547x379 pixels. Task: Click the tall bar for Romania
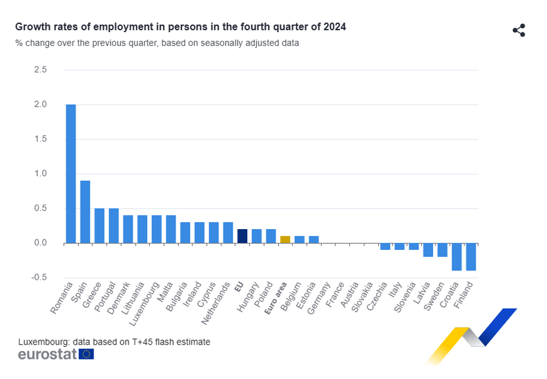71,173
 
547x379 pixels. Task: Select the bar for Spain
85,212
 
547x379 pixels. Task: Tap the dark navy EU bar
242,236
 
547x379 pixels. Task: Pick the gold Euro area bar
285,240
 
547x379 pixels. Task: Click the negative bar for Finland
471,256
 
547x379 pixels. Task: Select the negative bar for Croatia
457,256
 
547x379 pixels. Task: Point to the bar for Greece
100,225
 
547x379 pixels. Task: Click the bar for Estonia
313,240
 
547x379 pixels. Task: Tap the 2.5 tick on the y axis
40,70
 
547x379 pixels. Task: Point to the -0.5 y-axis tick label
38,277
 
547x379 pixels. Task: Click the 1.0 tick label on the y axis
40,174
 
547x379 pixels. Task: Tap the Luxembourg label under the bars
148,302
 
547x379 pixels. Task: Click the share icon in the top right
519,31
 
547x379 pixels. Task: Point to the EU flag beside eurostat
86,354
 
